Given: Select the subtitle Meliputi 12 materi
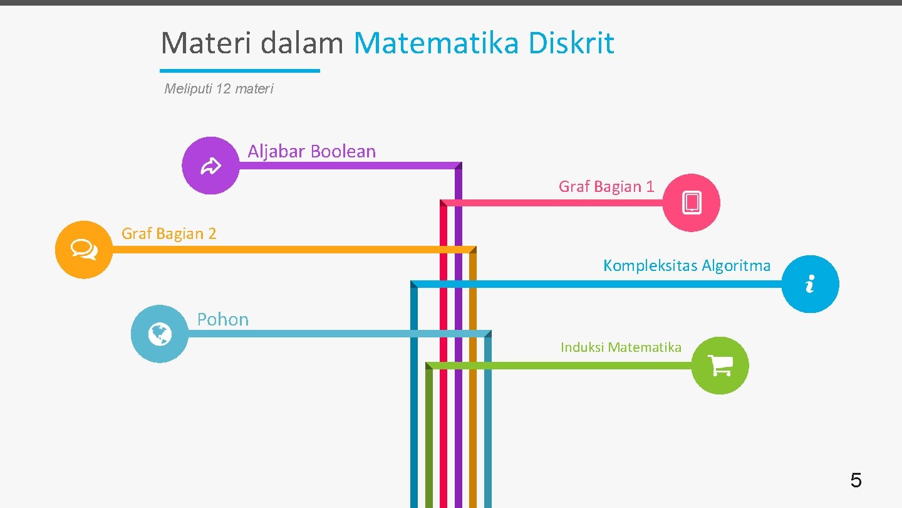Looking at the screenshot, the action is (219, 89).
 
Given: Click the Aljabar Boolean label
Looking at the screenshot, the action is (311, 151).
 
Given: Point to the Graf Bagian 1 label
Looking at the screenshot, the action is (606, 186).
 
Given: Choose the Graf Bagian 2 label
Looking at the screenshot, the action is (168, 233).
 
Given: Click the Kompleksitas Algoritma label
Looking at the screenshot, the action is (687, 265).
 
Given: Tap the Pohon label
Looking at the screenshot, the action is (222, 319).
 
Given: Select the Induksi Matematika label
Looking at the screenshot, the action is (621, 347).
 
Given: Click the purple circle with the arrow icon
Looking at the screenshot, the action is (210, 166).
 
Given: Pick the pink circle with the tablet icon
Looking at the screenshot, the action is (692, 203).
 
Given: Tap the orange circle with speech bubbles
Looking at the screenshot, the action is (84, 250).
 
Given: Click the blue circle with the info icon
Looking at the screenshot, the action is (811, 284).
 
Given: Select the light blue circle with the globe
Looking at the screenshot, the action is (160, 334).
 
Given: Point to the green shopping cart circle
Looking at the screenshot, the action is (720, 365).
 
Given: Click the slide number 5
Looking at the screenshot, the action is (856, 481).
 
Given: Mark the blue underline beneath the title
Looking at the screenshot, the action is (240, 71).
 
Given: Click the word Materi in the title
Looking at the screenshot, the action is (207, 43).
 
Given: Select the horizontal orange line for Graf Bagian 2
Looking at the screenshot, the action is (282, 250).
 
